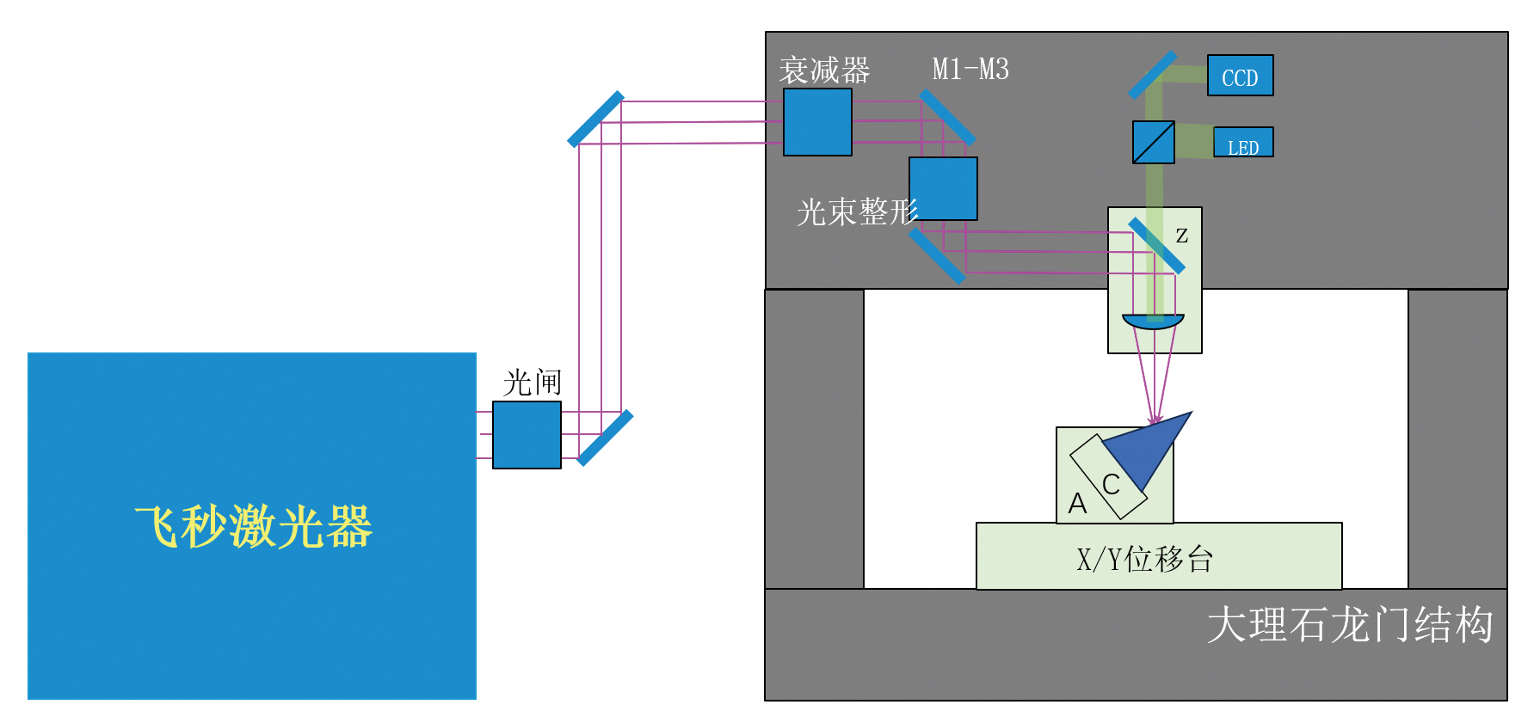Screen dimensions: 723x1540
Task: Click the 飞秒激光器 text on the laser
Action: (253, 526)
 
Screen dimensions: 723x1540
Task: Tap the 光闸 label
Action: (533, 383)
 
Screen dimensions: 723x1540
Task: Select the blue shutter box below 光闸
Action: (527, 435)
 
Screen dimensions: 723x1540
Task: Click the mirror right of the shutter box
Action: (605, 438)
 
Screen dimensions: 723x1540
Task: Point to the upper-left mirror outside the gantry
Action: (595, 119)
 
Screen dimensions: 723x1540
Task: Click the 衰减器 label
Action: (824, 70)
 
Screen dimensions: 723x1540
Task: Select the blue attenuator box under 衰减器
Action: (817, 122)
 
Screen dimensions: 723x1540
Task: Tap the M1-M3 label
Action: (970, 69)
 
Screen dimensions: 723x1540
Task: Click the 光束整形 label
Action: (857, 211)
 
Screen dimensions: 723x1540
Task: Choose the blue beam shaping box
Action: (943, 188)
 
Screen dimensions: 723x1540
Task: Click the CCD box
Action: (1240, 76)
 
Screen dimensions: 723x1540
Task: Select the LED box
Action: (1243, 143)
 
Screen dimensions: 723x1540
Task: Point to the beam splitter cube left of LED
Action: (1153, 142)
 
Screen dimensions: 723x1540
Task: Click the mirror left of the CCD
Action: (1152, 74)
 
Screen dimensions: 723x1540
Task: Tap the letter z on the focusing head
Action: (1182, 235)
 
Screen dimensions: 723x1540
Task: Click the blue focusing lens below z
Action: (1153, 322)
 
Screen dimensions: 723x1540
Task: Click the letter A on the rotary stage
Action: (1077, 503)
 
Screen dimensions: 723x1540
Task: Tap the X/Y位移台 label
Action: (1145, 560)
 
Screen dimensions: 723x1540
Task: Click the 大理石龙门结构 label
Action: (1349, 625)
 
